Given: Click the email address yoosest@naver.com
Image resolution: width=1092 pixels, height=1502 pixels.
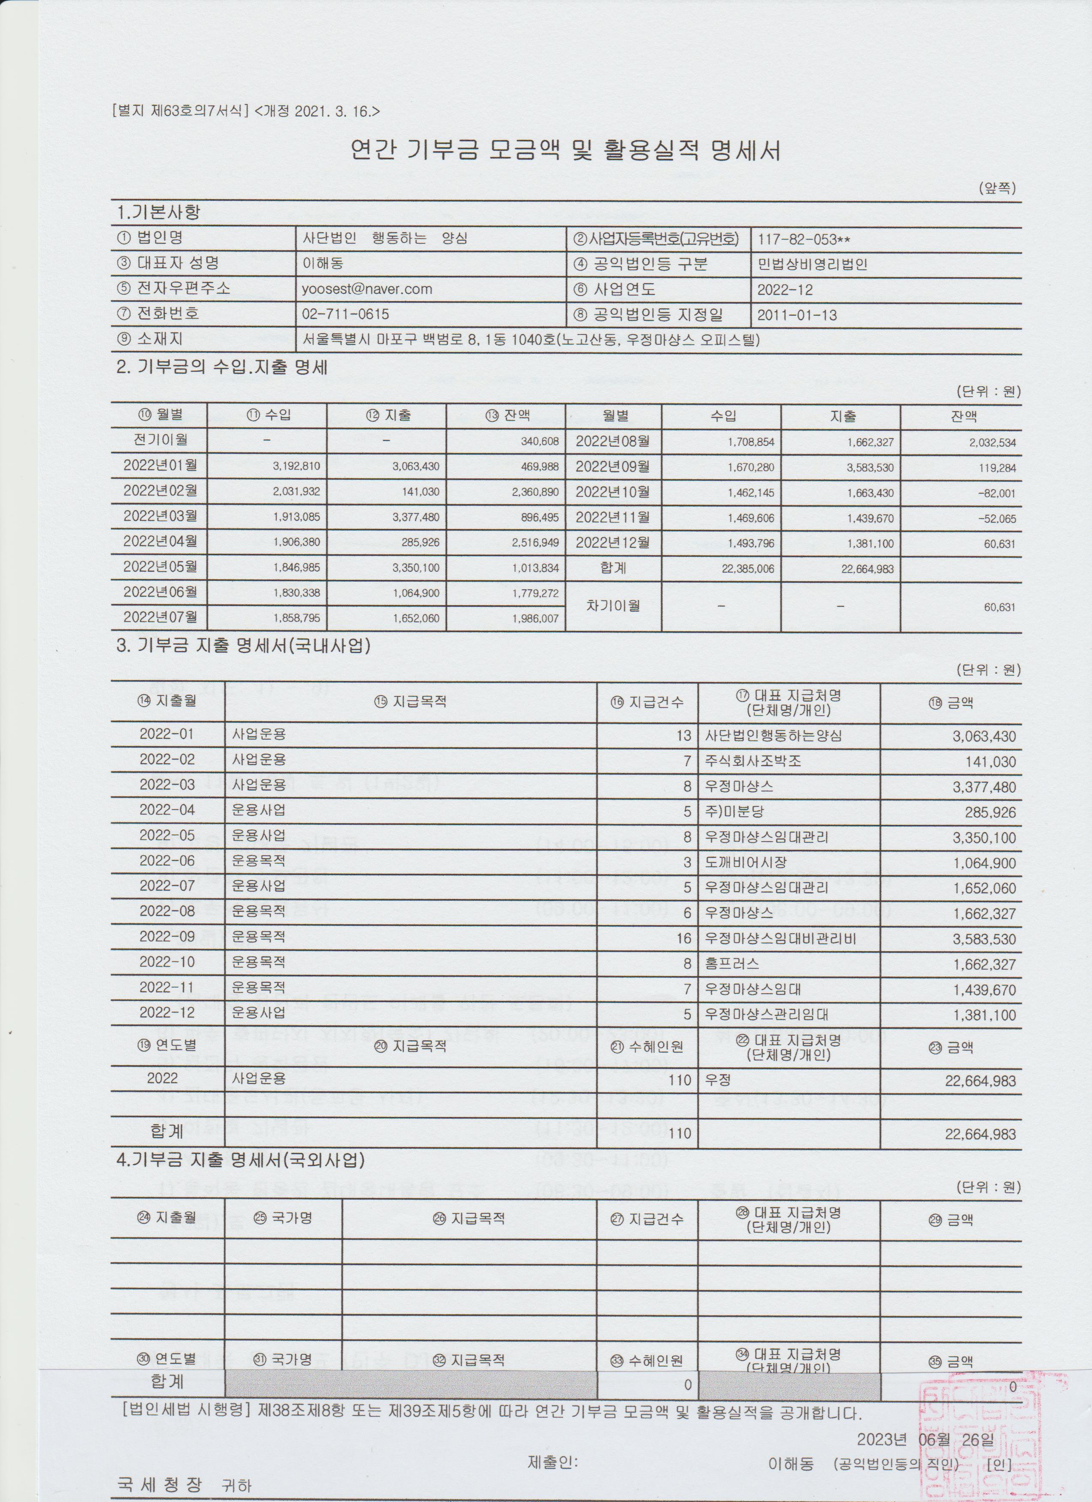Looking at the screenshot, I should tap(367, 290).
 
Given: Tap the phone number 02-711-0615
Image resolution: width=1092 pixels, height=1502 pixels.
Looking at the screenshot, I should tap(346, 314).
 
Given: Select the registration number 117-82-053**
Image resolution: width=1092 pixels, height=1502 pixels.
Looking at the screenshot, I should tap(803, 239).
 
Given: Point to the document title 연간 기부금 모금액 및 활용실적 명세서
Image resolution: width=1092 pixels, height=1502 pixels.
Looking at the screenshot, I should tap(566, 151).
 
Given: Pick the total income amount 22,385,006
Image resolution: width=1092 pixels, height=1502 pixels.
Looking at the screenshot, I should tap(747, 569).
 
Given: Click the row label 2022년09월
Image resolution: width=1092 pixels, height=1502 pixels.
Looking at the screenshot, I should tap(612, 466).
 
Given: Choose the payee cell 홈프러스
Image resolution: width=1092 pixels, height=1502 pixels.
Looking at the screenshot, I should tap(732, 964).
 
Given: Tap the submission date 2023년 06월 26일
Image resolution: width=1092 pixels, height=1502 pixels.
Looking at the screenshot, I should tap(925, 1421).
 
